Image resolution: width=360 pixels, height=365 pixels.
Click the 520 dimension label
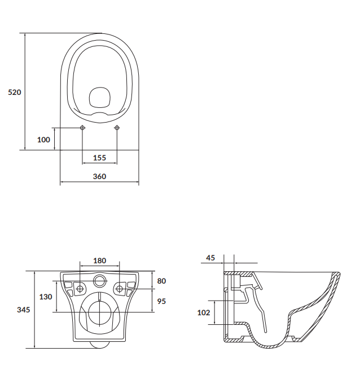pyautogui.click(x=15, y=92)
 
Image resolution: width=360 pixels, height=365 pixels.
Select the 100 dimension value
pyautogui.click(x=43, y=140)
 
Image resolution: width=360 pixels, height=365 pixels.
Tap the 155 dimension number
pyautogui.click(x=99, y=158)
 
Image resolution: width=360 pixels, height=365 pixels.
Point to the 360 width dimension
pyautogui.click(x=99, y=176)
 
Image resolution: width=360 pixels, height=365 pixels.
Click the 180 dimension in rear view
pyautogui.click(x=99, y=260)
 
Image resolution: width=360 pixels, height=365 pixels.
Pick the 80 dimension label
pyautogui.click(x=161, y=281)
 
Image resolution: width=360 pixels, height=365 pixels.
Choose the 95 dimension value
pyautogui.click(x=161, y=301)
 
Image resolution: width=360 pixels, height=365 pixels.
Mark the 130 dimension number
pyautogui.click(x=46, y=297)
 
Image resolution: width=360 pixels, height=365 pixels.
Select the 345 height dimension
pyautogui.click(x=23, y=310)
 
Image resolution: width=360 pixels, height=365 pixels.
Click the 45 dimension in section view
pyautogui.click(x=210, y=258)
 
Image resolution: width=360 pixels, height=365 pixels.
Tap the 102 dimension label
pyautogui.click(x=204, y=312)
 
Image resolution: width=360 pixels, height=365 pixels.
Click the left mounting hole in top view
pyautogui.click(x=83, y=128)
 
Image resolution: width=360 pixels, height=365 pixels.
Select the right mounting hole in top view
pyautogui.click(x=117, y=128)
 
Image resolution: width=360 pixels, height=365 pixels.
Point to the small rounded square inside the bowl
pyautogui.click(x=100, y=98)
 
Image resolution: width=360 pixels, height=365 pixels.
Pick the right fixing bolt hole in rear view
pyautogui.click(x=120, y=289)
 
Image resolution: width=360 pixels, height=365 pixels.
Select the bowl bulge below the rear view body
pyautogui.click(x=100, y=344)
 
